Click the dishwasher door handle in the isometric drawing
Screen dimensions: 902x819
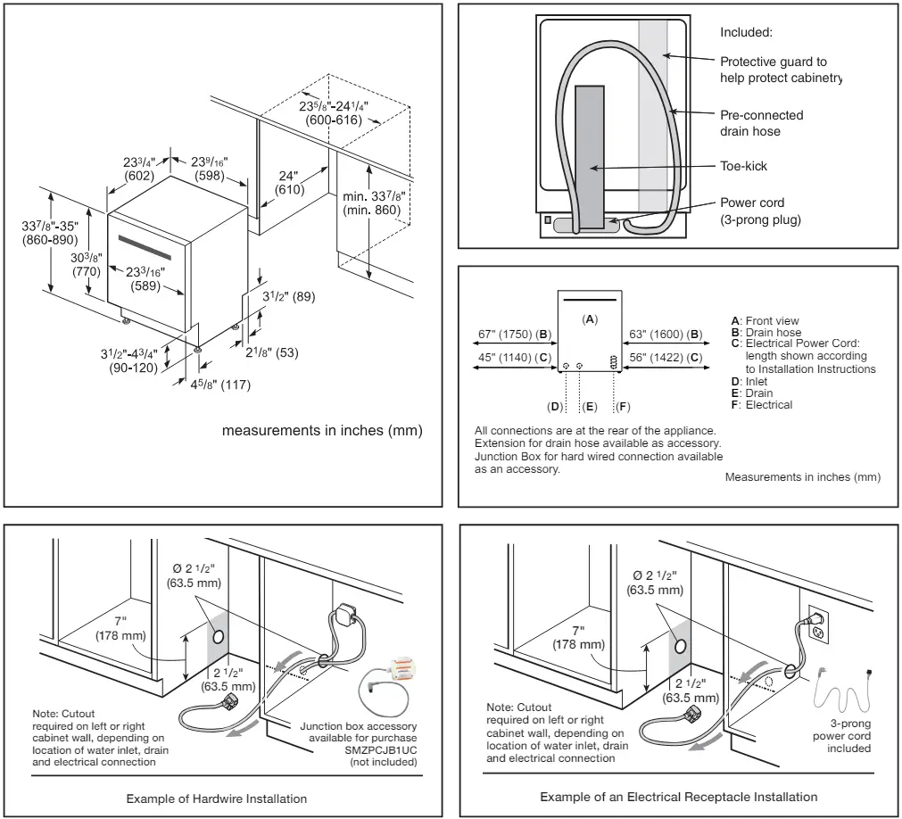point(145,247)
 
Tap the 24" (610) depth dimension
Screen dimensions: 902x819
point(289,183)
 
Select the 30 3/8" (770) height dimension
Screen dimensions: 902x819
point(87,265)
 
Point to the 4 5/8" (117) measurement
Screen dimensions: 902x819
point(221,385)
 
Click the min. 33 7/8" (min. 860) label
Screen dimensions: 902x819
point(373,203)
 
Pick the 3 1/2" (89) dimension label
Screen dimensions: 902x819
point(289,297)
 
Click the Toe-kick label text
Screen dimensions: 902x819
point(743,166)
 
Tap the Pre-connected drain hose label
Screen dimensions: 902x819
point(761,123)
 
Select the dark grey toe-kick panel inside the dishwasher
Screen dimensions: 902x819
point(590,156)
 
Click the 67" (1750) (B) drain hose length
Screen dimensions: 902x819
point(514,335)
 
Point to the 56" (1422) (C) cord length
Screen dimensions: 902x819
point(666,357)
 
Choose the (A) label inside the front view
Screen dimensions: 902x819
point(590,319)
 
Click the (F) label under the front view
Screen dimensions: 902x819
point(623,407)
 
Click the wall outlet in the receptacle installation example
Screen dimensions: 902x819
point(818,624)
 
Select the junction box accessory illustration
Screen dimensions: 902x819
point(385,686)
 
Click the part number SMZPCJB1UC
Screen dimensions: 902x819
point(381,750)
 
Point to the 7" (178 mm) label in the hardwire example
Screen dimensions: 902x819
point(120,628)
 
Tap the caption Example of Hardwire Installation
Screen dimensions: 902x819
point(216,798)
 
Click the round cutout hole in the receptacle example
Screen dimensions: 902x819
point(681,646)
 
